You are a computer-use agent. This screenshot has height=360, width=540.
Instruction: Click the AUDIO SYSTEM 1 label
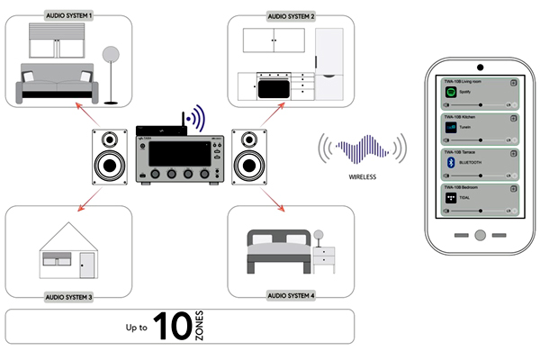tap(69, 16)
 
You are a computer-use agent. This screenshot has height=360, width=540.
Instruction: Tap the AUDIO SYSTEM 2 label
tap(292, 16)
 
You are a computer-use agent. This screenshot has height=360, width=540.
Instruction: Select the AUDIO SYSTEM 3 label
tap(69, 295)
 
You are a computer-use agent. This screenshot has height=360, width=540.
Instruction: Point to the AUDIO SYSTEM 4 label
tap(292, 295)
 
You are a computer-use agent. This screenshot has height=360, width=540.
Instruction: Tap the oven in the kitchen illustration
tap(274, 87)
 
